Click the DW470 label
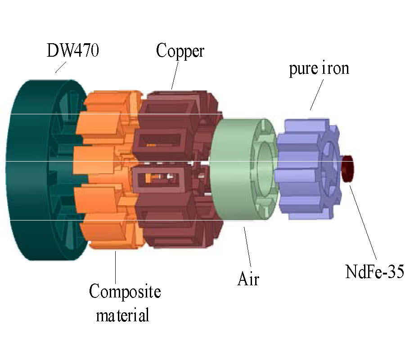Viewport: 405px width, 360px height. click(x=73, y=50)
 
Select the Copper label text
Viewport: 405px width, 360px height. click(x=180, y=50)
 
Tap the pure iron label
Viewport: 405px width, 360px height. click(x=319, y=70)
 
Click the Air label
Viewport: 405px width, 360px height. click(x=248, y=279)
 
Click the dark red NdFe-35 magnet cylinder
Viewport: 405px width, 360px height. click(x=348, y=168)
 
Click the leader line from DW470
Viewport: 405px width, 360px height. click(x=61, y=67)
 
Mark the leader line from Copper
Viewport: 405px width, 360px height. click(x=175, y=74)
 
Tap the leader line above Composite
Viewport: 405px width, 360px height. click(x=116, y=265)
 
